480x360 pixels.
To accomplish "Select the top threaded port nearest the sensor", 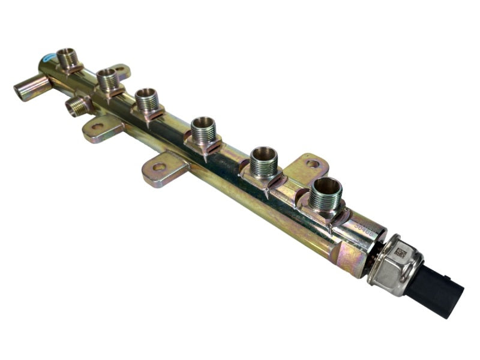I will pyautogui.click(x=326, y=195).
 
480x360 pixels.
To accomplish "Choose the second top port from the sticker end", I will pyautogui.click(x=107, y=79).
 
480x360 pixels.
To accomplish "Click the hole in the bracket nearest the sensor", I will pyautogui.click(x=313, y=163).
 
